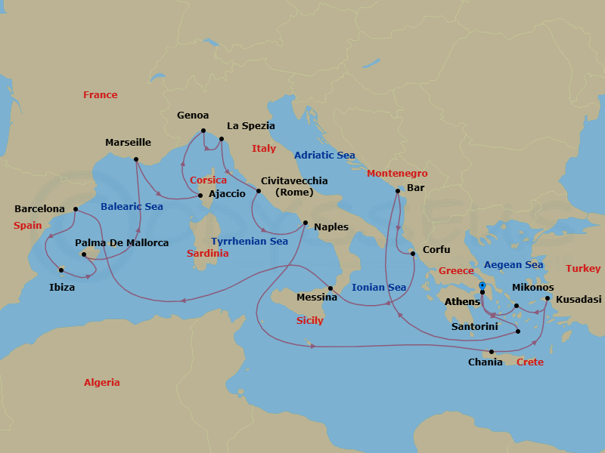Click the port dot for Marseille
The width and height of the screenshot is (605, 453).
click(135, 159)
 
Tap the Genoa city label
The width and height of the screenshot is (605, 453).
click(193, 116)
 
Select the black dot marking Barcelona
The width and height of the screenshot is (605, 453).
click(76, 209)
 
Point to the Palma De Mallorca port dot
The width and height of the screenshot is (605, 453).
click(84, 254)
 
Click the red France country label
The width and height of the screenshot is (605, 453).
click(101, 95)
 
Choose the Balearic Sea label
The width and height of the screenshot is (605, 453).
click(132, 206)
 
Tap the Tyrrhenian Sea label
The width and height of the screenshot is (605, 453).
click(250, 242)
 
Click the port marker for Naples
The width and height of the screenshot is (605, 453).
click(305, 223)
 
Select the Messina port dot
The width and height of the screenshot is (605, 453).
click(330, 288)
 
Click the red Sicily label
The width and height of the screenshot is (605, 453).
click(309, 321)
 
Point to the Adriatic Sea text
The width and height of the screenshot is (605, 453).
click(324, 156)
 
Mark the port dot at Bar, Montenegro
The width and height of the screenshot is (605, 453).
click(397, 191)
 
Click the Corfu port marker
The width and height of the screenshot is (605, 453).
click(413, 254)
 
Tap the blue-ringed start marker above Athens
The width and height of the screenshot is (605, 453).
click(482, 285)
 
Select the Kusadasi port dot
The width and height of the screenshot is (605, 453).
click(547, 298)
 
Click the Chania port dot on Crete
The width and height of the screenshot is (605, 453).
click(492, 352)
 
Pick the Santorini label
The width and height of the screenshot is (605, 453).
click(474, 327)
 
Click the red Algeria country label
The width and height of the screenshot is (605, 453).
click(102, 383)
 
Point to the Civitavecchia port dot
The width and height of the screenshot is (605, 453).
click(258, 191)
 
